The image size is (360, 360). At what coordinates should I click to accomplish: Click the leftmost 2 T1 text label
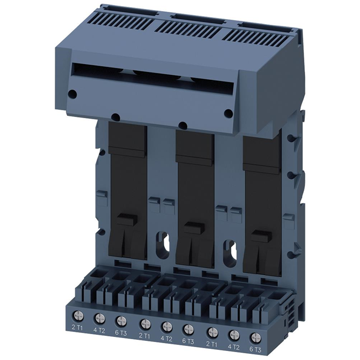(78, 327)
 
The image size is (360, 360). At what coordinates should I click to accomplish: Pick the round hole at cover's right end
(228, 113)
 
